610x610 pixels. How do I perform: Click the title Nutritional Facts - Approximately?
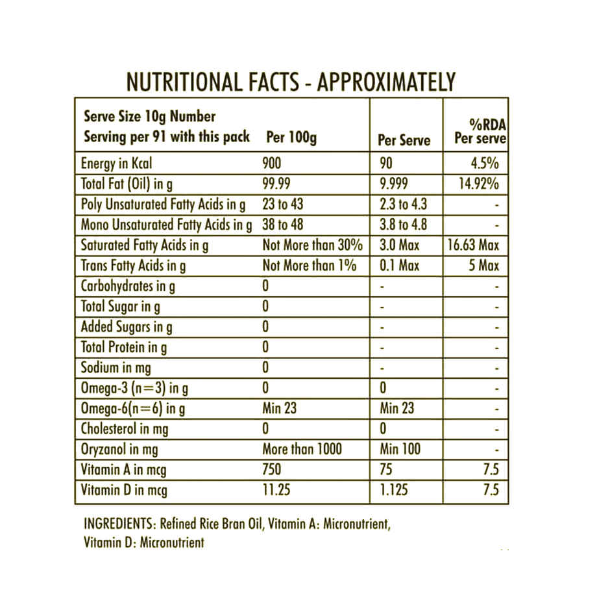291,82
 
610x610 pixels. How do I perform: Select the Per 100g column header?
291,138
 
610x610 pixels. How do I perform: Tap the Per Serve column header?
404,140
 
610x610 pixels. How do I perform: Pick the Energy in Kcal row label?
116,164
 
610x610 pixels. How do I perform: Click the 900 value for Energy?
273,164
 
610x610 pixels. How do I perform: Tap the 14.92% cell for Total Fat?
478,184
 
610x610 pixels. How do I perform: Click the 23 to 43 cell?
283,204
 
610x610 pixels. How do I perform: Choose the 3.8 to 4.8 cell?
403,225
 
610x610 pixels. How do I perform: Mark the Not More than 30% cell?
312,245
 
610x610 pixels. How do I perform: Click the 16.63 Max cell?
473,245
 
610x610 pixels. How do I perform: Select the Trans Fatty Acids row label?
133,266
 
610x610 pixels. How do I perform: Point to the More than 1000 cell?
302,449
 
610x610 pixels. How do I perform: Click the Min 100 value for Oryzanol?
400,449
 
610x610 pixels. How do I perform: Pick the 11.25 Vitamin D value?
276,490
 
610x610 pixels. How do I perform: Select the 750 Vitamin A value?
272,469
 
